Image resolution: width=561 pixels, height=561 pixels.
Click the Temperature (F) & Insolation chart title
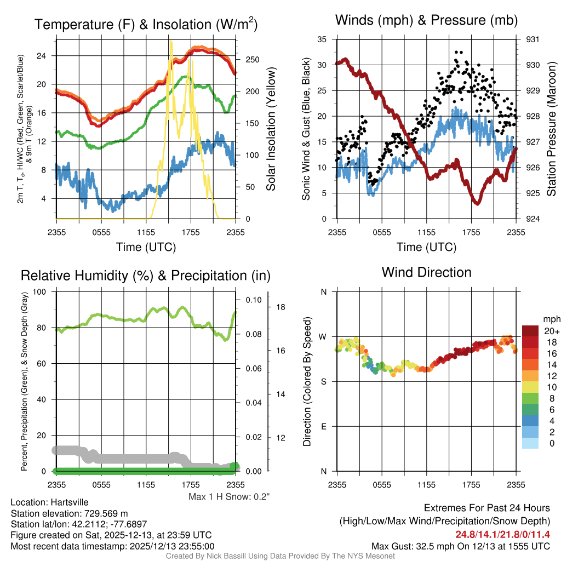[x=146, y=25]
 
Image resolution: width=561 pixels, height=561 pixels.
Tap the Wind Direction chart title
[x=426, y=272]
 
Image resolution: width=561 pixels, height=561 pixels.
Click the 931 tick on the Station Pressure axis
[x=533, y=39]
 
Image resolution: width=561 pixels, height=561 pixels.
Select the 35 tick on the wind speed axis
[x=322, y=39]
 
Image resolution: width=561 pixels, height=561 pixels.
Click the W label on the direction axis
[x=323, y=336]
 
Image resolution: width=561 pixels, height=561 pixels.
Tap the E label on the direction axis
[x=324, y=426]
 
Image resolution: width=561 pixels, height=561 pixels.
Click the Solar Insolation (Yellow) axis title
[x=271, y=129]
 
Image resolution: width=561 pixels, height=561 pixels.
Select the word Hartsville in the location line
[x=68, y=502]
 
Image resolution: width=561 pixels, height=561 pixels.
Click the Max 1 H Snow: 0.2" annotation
[x=229, y=497]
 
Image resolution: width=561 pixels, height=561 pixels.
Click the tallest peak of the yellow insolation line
[x=171, y=41]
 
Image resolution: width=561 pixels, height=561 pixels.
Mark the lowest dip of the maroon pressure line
[x=478, y=203]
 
